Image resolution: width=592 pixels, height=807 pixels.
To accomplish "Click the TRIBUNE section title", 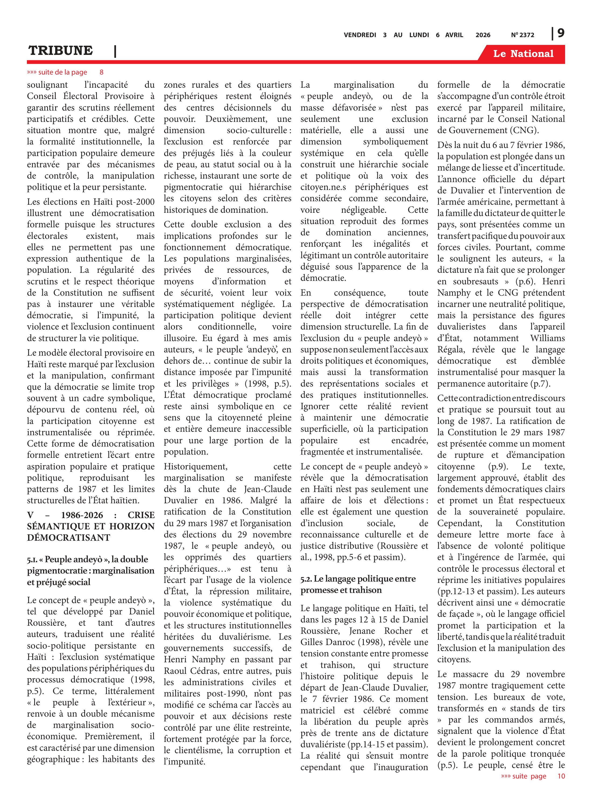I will (61, 51).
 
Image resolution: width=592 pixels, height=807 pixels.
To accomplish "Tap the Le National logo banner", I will (523, 54).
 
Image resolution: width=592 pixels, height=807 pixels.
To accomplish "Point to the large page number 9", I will (561, 33).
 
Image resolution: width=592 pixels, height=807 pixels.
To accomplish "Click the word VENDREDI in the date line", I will (360, 35).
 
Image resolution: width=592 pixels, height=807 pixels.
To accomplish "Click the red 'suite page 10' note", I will (533, 776).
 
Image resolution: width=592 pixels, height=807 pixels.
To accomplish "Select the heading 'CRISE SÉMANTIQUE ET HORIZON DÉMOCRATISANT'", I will (91, 526).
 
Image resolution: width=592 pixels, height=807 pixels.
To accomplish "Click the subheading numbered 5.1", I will (91, 570).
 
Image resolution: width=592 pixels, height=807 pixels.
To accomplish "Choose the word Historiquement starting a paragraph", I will (196, 466).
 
